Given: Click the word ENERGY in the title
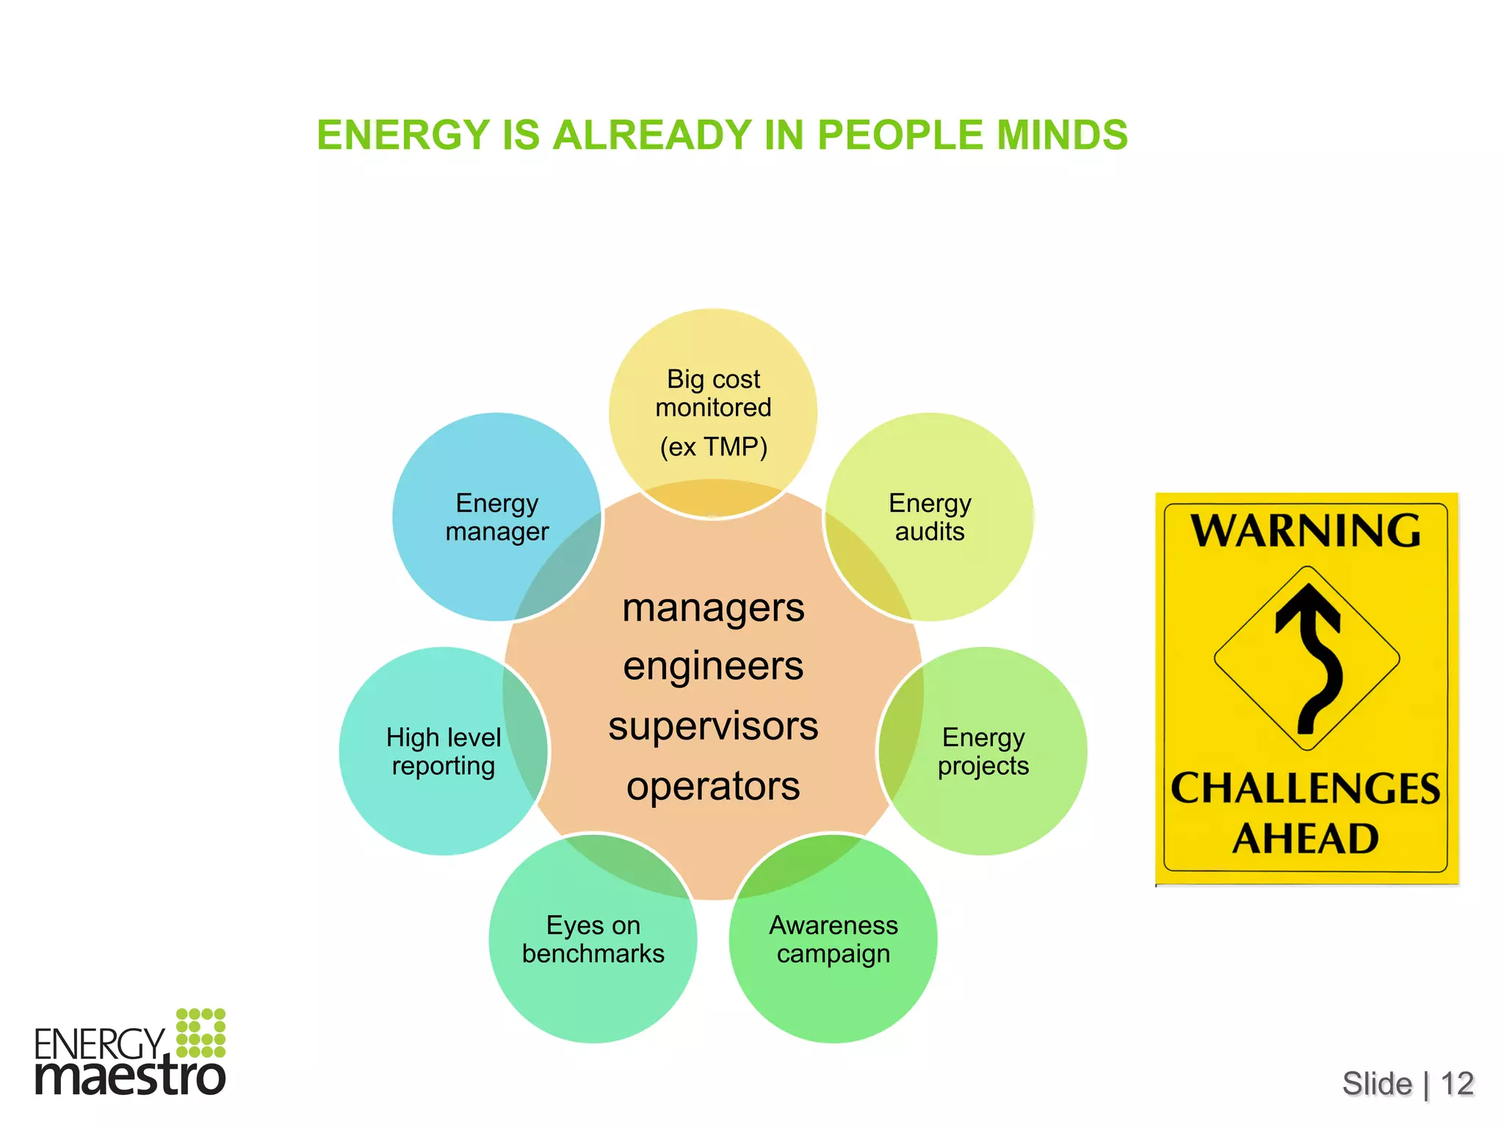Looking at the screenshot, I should [403, 135].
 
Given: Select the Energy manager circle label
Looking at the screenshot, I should [497, 517].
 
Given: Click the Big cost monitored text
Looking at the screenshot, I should [713, 393].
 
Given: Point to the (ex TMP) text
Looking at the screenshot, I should [713, 446].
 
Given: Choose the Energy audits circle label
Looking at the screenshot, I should [930, 517].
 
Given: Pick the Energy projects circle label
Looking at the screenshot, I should [983, 751].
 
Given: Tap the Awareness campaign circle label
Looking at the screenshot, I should [834, 939].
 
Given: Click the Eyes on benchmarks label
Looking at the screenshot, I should [593, 939].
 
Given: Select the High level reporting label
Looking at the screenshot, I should [444, 751].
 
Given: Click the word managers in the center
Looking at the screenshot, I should [713, 608].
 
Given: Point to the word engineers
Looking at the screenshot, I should [713, 667].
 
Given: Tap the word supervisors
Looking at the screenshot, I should [713, 726].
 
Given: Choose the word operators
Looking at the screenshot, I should [713, 787].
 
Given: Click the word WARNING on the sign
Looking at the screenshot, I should [1306, 530].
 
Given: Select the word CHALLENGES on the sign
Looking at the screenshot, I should [1306, 789].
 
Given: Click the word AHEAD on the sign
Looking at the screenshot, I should [1306, 839].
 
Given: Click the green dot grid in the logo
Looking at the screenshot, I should [200, 1033].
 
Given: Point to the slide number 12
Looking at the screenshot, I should [1457, 1084].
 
